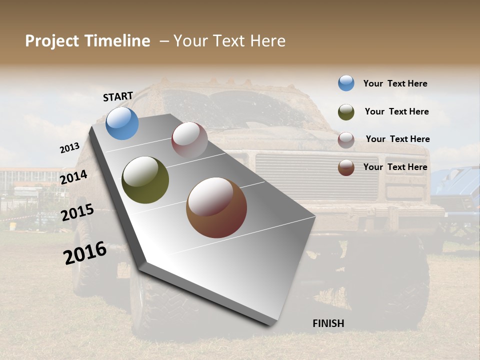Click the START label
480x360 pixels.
click(118, 96)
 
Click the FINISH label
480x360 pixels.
click(328, 323)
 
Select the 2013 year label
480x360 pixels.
click(69, 148)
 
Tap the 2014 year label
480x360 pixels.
click(73, 177)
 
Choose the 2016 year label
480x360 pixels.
click(85, 253)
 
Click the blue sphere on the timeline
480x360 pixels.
click(122, 123)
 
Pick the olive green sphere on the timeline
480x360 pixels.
click(145, 180)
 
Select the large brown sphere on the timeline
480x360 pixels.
click(216, 207)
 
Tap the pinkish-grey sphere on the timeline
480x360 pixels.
click(189, 140)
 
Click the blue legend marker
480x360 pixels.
click(346, 83)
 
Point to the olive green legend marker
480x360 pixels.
click(346, 112)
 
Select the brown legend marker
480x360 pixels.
click(346, 167)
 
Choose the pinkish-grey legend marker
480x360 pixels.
click(346, 140)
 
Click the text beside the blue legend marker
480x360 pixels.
click(395, 83)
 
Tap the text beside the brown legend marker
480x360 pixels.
click(395, 167)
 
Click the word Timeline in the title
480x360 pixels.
click(117, 41)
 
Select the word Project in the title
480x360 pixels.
click(52, 41)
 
